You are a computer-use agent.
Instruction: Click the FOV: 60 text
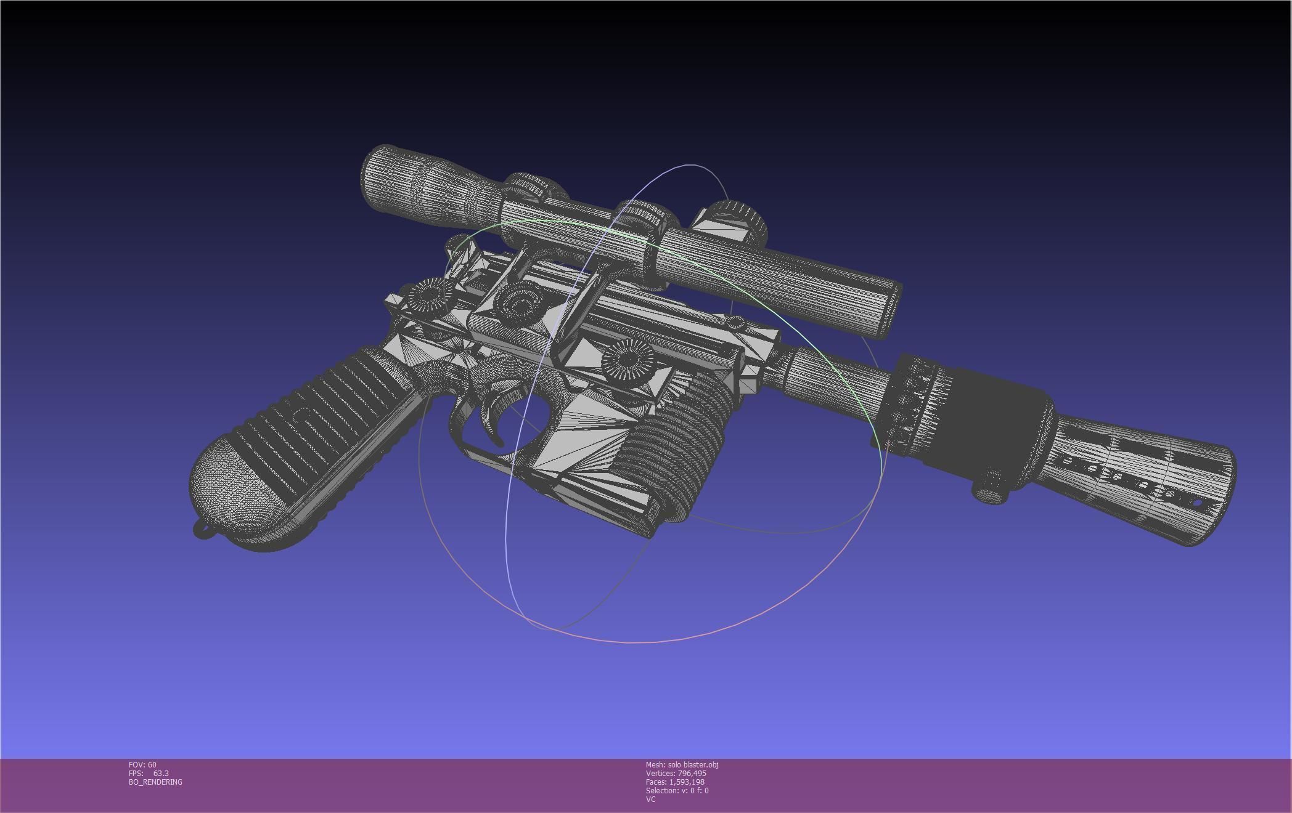(x=142, y=764)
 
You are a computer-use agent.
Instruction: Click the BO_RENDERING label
(x=155, y=782)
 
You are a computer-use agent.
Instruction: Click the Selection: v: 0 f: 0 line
(x=677, y=790)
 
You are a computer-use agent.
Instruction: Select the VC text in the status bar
(x=650, y=799)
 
